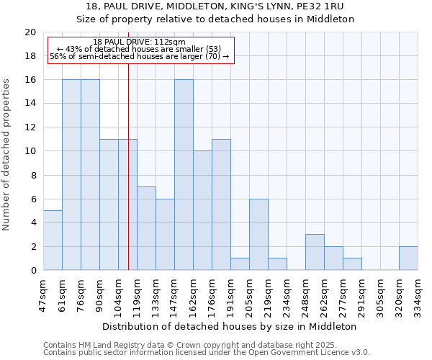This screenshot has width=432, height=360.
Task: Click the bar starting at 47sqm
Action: pos(53,240)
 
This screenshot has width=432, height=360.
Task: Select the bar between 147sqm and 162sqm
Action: pos(184,175)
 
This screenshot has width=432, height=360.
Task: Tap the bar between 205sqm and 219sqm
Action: pos(258,235)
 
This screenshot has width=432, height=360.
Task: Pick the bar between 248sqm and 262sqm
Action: pos(315,252)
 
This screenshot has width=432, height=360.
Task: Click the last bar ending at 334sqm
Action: pos(408,258)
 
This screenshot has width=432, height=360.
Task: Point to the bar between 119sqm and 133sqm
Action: pos(146,228)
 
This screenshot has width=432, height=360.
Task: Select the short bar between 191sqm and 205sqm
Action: pos(240,264)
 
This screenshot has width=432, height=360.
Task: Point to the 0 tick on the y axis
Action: pos(33,271)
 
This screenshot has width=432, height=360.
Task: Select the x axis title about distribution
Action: pos(230,326)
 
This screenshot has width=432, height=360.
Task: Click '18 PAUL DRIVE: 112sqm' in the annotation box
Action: pos(140,42)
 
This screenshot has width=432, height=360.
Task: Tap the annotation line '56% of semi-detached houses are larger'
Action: pos(140,56)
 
